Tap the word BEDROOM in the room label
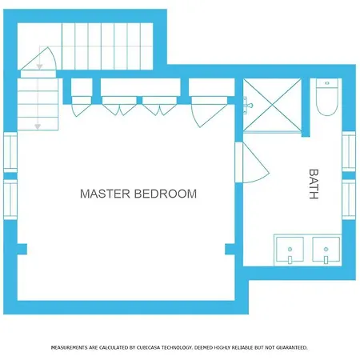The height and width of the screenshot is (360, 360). pos(166,194)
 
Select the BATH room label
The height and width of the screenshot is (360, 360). pos(314,184)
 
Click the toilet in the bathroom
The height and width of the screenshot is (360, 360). pos(327,97)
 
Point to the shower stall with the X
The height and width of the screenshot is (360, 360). pos(272,105)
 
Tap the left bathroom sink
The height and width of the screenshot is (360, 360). pos(290,250)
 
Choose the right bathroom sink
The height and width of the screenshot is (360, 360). pos(326,250)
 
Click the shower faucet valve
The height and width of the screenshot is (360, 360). pos(247,106)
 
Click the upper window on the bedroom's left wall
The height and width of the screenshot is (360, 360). pos(10,152)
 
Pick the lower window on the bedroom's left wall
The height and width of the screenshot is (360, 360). pos(10,199)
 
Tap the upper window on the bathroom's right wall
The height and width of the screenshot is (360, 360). pos(349,151)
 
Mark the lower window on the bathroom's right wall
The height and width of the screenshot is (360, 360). pos(349,199)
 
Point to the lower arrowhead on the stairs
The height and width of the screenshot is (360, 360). pos(38,126)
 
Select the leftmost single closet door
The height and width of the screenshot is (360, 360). pos(82,106)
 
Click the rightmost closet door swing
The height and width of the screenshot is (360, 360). pos(209,112)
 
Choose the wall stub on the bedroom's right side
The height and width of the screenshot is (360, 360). pos(230,249)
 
